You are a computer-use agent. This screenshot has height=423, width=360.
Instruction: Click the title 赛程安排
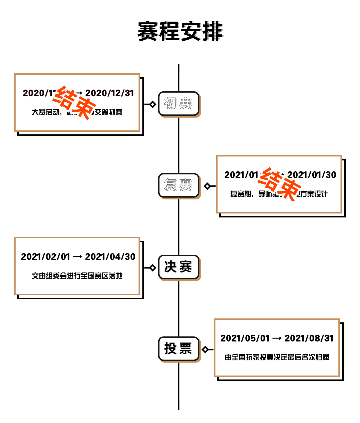pyautogui.click(x=180, y=31)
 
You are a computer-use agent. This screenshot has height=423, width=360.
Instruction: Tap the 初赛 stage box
pyautogui.click(x=178, y=103)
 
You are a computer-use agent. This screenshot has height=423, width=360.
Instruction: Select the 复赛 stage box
pyautogui.click(x=178, y=185)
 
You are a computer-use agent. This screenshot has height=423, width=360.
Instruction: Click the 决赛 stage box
pyautogui.click(x=178, y=267)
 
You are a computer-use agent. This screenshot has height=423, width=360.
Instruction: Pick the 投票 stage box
pyautogui.click(x=178, y=349)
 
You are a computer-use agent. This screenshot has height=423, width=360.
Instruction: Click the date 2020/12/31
pyautogui.click(x=109, y=93)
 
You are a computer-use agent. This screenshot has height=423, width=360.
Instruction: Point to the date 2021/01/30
pyautogui.click(x=312, y=175)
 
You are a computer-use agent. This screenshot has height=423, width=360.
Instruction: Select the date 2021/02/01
pyautogui.click(x=46, y=257)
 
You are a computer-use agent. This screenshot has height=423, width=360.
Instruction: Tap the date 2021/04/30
pyautogui.click(x=110, y=257)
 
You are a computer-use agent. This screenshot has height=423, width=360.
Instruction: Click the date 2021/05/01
pyautogui.click(x=245, y=338)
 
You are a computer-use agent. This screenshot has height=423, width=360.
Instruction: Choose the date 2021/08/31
pyautogui.click(x=309, y=338)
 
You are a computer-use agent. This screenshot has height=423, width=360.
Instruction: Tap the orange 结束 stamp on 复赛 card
pyautogui.click(x=279, y=184)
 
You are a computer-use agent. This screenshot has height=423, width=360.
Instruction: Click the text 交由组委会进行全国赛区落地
pyautogui.click(x=77, y=276)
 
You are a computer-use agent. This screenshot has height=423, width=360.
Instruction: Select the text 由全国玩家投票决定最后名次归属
pyautogui.click(x=277, y=357)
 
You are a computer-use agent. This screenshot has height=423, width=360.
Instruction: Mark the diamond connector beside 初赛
pyautogui.click(x=153, y=104)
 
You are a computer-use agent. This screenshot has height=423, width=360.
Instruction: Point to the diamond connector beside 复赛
pyautogui.click(x=207, y=186)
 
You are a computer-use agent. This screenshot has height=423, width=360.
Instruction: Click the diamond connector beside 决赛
pyautogui.click(x=153, y=268)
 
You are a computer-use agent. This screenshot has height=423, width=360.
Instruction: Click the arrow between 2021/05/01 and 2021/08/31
pyautogui.click(x=277, y=338)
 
